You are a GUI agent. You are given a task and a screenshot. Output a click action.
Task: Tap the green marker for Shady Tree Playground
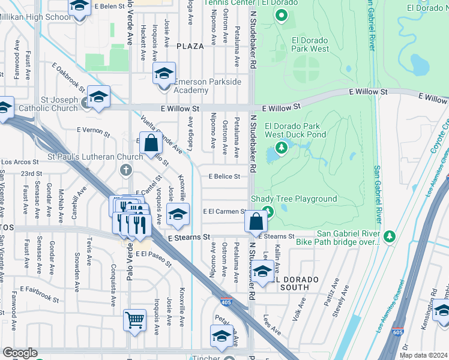(x=268, y=212)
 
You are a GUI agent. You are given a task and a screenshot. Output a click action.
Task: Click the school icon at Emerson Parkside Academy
(x=164, y=74)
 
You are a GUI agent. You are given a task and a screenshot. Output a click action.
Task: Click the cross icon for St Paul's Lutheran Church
(x=126, y=170)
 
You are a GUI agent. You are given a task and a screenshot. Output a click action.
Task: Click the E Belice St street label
(x=224, y=176)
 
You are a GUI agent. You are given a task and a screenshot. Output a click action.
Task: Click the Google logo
(x=20, y=353)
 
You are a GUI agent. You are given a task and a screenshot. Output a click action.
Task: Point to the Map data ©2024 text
(x=423, y=355)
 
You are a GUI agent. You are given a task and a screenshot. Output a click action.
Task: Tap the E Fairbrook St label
(x=38, y=293)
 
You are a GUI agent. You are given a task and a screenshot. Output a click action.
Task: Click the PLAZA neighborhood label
(x=190, y=46)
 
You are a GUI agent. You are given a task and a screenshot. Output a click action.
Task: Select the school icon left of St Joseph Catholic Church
(x=4, y=107)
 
